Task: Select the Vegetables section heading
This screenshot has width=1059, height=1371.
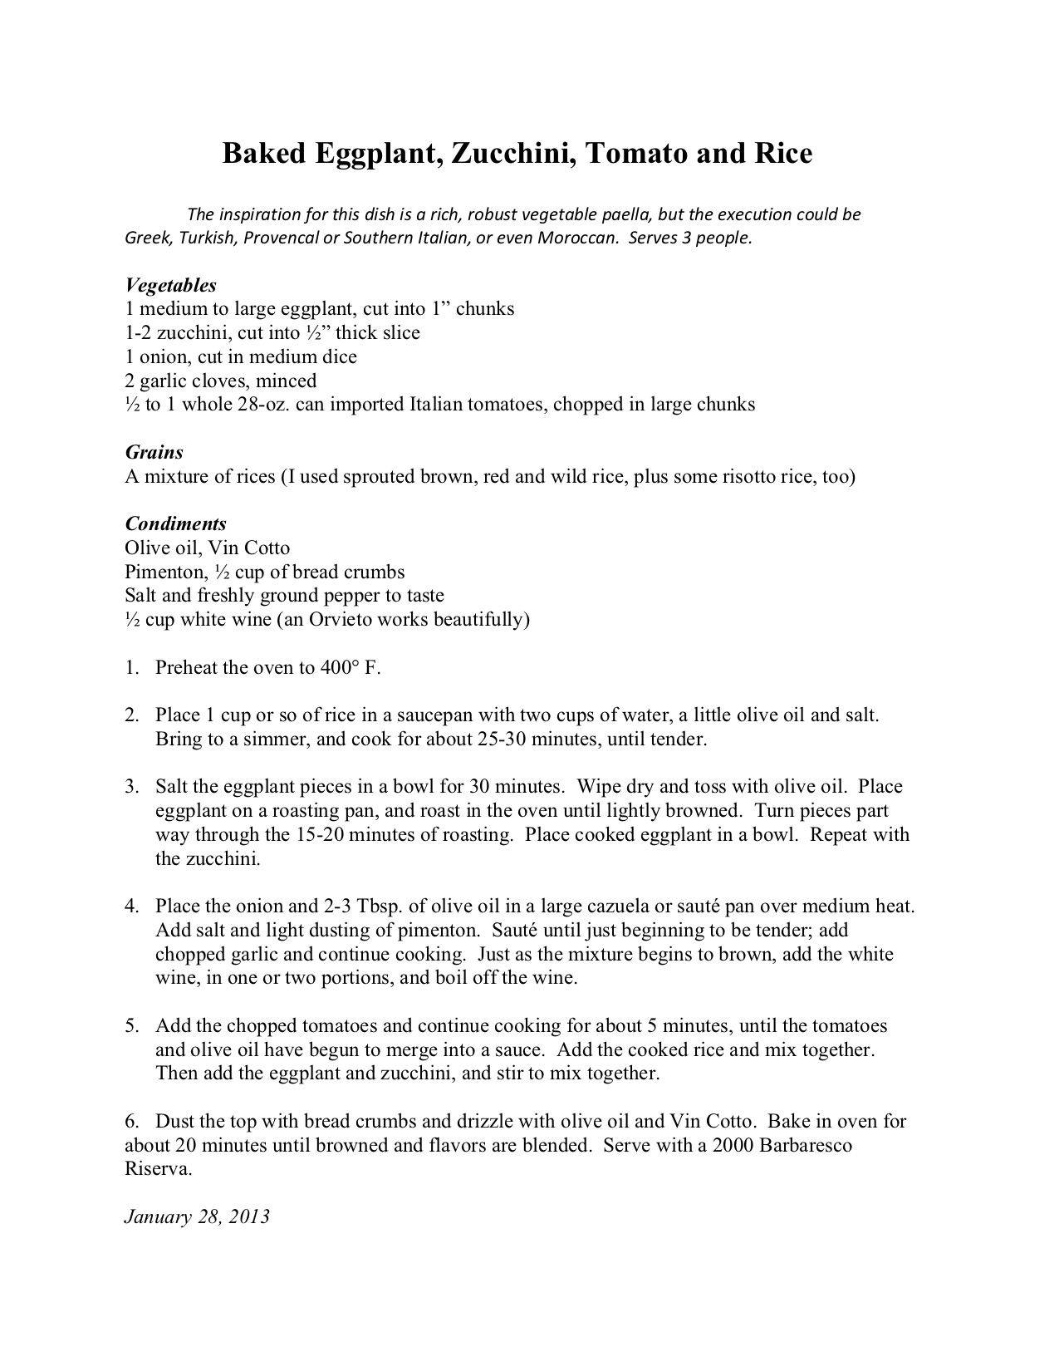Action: pos(170,285)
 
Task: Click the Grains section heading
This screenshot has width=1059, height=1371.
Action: pos(154,452)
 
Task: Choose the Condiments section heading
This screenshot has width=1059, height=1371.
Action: pos(175,523)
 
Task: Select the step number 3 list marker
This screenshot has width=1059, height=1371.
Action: pos(131,787)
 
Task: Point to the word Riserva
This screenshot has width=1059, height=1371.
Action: pos(158,1169)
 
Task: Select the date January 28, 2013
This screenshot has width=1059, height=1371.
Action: pos(197,1216)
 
